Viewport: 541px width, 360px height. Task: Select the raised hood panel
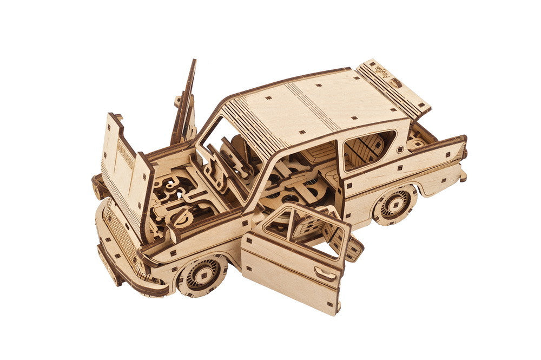pyautogui.click(x=122, y=168)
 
